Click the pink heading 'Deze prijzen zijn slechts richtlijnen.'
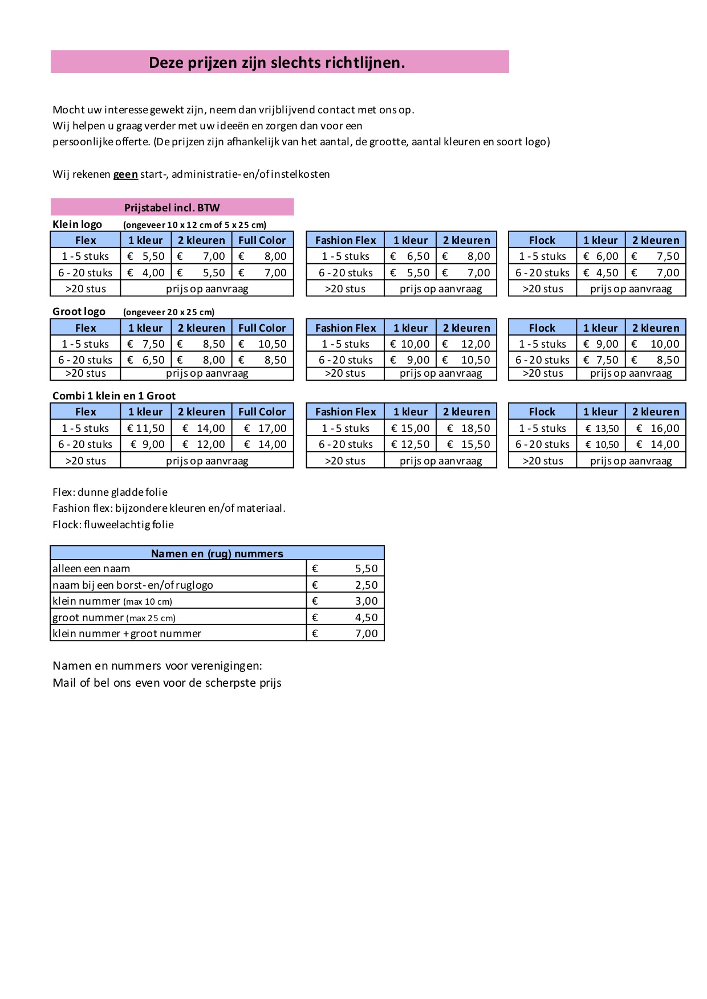(277, 62)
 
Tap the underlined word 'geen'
(125, 174)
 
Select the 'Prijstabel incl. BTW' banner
(172, 207)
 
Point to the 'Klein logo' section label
(77, 224)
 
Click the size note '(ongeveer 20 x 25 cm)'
(169, 312)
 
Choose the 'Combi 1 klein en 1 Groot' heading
(114, 395)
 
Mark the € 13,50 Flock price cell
(602, 429)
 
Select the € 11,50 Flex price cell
(146, 428)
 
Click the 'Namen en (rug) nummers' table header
(217, 553)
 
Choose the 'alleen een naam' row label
(91, 569)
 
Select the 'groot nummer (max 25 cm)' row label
(114, 617)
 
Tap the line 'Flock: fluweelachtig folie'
(113, 524)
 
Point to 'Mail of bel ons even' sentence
(167, 682)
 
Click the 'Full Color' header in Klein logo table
(262, 240)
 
